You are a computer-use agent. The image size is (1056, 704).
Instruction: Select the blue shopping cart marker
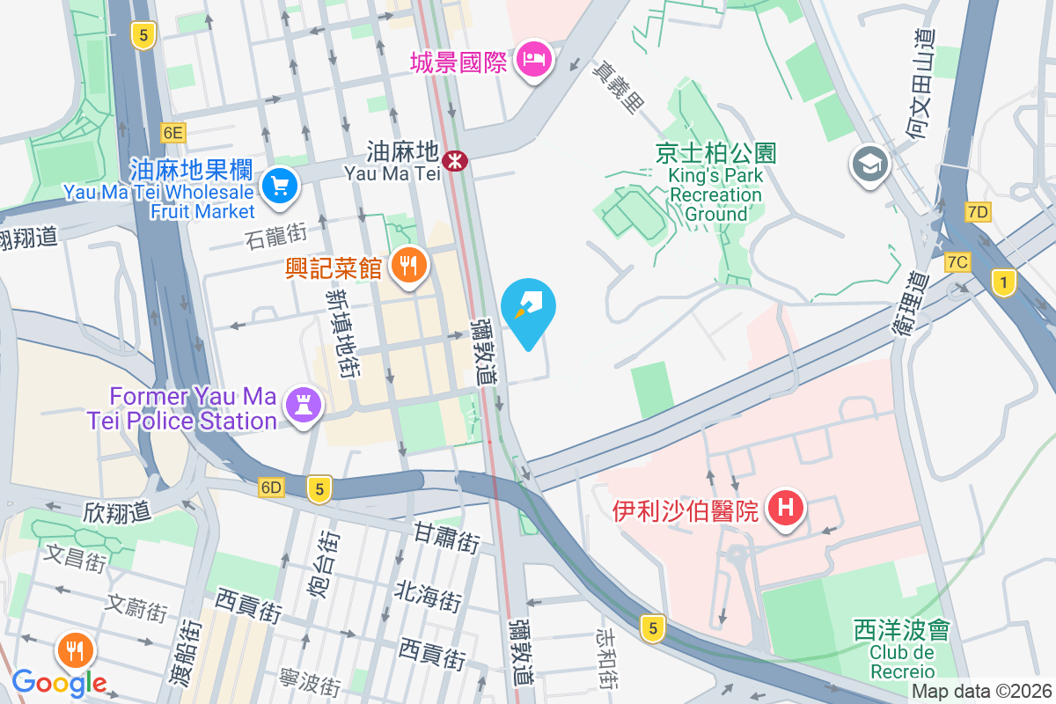point(281,187)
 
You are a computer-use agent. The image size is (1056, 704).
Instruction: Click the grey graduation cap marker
point(869,164)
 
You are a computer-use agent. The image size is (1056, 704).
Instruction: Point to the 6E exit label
point(173,133)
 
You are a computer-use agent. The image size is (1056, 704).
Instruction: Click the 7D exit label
point(977,211)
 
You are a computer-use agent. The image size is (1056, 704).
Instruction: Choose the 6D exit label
point(271,487)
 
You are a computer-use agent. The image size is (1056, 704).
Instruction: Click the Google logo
point(59,682)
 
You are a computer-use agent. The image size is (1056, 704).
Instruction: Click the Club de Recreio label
point(901,663)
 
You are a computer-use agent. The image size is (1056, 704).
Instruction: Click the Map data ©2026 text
point(981,692)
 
